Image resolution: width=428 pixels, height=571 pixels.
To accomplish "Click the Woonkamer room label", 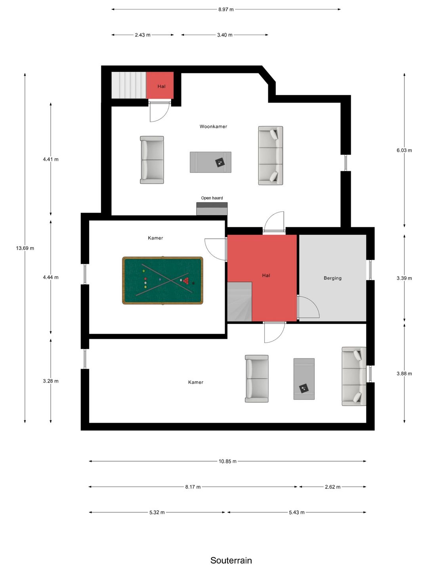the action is pos(213,126).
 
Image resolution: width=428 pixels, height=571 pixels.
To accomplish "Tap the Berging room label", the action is pos(332,278).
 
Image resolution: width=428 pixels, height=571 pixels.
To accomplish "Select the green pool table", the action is pos(162,280).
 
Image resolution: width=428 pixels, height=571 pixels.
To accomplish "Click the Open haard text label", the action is pos(212,198).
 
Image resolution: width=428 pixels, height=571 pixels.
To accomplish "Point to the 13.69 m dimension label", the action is pos(25,248).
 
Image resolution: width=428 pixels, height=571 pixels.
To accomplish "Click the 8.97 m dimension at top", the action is pos(226,10).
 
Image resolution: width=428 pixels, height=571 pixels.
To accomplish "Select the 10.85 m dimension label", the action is pos(227,461).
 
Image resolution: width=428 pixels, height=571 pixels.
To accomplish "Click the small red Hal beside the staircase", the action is pos(160,85).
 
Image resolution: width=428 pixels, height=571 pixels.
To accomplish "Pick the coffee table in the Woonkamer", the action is pos(210,162).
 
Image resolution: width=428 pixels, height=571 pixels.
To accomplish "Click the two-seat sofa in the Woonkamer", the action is pos(152,160).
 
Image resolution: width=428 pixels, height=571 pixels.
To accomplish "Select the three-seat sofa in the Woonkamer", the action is pos(270,155).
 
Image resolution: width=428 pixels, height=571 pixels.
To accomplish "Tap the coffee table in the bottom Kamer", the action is pos(304,379).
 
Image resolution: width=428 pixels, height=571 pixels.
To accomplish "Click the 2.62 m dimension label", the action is pos(332,487).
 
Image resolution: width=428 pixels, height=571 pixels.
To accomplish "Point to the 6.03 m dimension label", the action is pos(404,150).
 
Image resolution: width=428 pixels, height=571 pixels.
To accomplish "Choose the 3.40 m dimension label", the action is pos(225,35).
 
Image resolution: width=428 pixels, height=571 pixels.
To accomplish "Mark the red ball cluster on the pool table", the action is pos(186,280).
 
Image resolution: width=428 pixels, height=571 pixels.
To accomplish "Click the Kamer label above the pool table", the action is pos(155,238).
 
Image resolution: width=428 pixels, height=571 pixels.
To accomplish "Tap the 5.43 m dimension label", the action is pos(296,512).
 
